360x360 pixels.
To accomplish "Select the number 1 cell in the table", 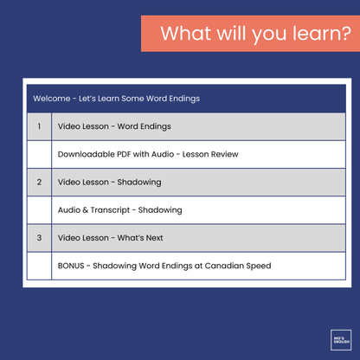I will [39, 126].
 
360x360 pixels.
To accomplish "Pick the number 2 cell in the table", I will [39, 182].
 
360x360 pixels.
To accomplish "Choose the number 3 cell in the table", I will [39, 237].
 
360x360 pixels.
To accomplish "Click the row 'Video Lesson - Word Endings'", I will [114, 126].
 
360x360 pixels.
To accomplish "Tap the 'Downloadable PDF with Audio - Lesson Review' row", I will [148, 154].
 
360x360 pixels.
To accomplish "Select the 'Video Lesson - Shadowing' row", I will [109, 182].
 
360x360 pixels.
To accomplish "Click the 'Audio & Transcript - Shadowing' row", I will [119, 209].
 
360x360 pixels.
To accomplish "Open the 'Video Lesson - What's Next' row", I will [110, 237].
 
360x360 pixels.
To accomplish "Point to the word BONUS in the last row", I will [72, 265].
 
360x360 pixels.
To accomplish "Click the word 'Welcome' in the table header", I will [52, 99].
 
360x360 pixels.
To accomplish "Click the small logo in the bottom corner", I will [340, 339].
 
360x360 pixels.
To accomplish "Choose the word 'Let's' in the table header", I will [91, 99].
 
